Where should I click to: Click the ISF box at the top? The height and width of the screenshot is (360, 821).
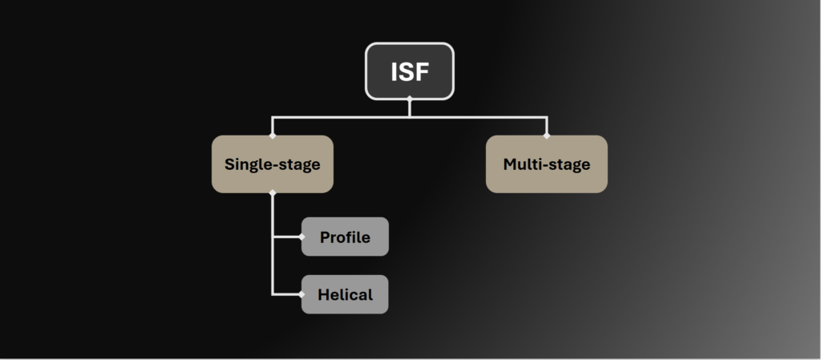click(410, 71)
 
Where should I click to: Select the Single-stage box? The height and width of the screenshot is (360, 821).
click(272, 164)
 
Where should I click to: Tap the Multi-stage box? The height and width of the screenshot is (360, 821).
click(546, 164)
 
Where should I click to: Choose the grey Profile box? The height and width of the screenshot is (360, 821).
click(345, 237)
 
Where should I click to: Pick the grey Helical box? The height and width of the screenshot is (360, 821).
click(345, 294)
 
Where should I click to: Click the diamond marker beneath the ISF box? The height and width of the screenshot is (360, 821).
click(410, 99)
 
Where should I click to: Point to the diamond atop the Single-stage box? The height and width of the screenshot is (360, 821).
click(273, 136)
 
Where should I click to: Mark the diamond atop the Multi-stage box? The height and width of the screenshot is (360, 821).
click(547, 136)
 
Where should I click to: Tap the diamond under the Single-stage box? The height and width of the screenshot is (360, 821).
click(273, 192)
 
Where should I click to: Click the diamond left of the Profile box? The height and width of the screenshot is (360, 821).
click(301, 237)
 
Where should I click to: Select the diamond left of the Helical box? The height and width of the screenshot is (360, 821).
click(301, 294)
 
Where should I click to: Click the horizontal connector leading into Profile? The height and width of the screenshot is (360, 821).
click(286, 237)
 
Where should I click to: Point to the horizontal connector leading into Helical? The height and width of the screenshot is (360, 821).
click(286, 294)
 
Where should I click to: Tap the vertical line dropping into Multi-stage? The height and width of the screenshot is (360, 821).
click(547, 126)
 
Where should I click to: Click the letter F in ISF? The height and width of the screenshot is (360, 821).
click(422, 72)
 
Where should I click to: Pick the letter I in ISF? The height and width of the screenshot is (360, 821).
click(394, 72)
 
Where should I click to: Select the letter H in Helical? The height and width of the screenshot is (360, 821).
click(323, 294)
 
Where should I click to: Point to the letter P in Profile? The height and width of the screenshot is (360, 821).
click(325, 237)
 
